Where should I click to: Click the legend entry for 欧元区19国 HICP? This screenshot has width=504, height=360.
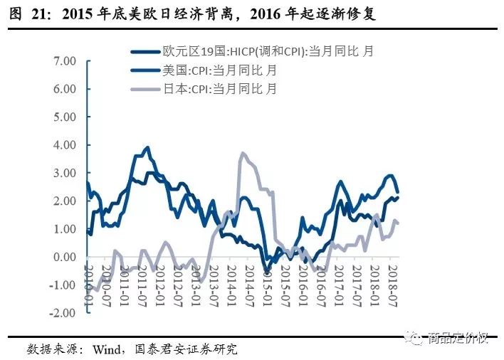coord(267,52)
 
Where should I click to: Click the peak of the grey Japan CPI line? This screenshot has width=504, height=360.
coord(243,153)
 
